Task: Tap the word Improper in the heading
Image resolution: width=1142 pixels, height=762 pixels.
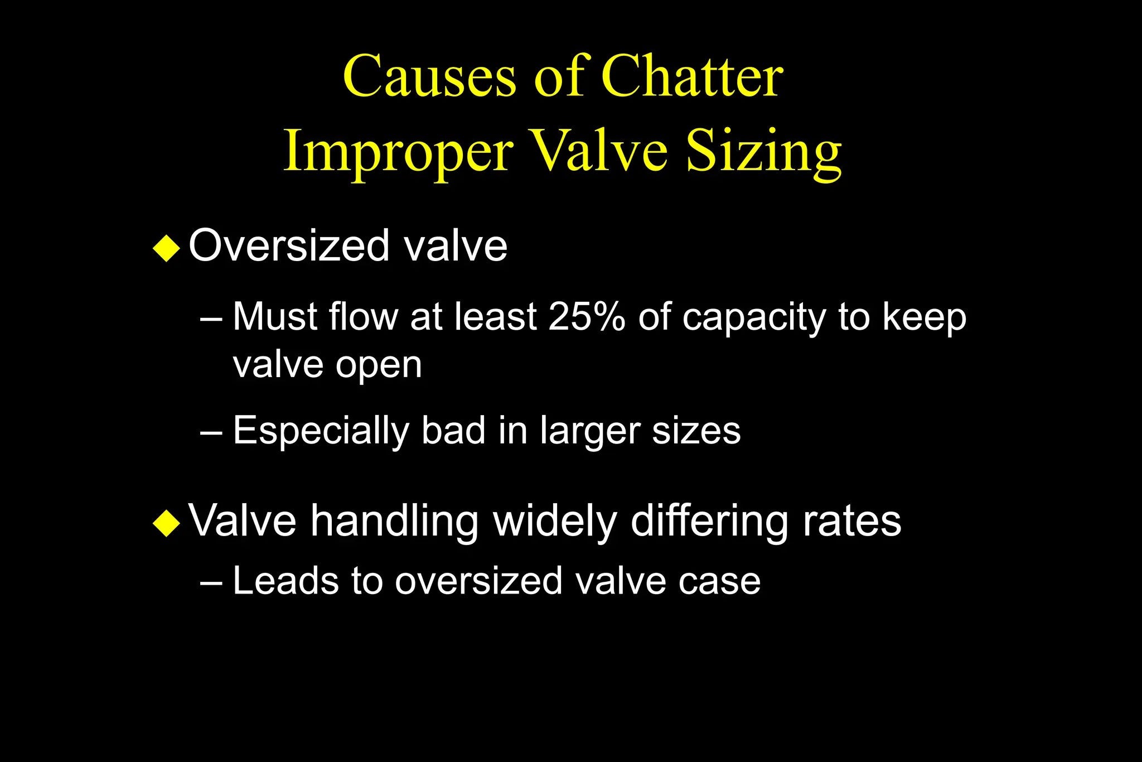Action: coord(398,152)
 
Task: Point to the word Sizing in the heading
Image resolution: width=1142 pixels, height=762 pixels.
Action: coord(763,152)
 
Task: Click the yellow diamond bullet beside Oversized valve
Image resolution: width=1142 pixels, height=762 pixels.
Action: coord(166,248)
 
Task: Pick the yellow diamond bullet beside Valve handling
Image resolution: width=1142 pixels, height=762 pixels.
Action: coord(166,523)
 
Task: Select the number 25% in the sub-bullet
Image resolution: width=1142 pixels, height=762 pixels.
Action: coord(587,317)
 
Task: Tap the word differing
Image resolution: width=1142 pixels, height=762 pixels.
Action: coord(708,522)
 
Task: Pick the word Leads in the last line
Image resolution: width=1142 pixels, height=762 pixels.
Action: coord(285,581)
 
